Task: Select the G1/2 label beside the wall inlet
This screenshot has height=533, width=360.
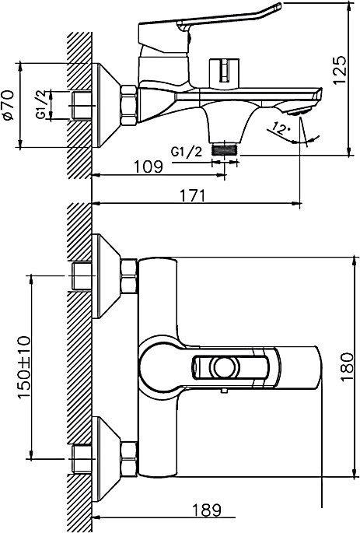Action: (42, 104)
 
